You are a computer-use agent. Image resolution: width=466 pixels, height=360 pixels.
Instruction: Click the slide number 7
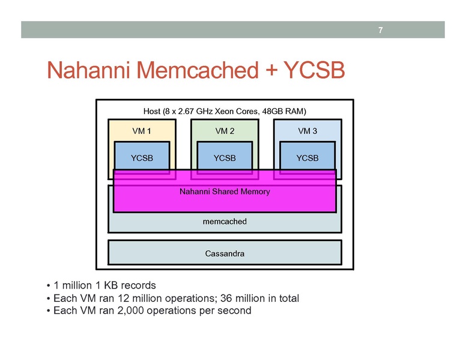(380, 31)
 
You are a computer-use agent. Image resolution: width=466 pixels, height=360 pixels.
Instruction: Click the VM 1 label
(142, 130)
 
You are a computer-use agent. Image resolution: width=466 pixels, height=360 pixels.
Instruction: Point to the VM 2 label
(225, 130)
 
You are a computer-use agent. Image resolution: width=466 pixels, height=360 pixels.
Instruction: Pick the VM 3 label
(307, 130)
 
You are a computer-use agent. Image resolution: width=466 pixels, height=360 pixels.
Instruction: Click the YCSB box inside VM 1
(142, 158)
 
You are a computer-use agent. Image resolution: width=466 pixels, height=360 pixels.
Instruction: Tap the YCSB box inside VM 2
(225, 158)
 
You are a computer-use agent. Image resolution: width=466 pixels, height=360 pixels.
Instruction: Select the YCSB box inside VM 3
(307, 158)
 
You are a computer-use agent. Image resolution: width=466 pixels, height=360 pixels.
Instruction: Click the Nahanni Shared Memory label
(225, 192)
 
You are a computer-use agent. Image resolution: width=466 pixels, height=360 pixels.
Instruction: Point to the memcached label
(225, 221)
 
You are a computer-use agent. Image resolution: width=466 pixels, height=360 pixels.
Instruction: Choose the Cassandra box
(225, 253)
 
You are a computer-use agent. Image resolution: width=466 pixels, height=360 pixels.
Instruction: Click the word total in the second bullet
(286, 298)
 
